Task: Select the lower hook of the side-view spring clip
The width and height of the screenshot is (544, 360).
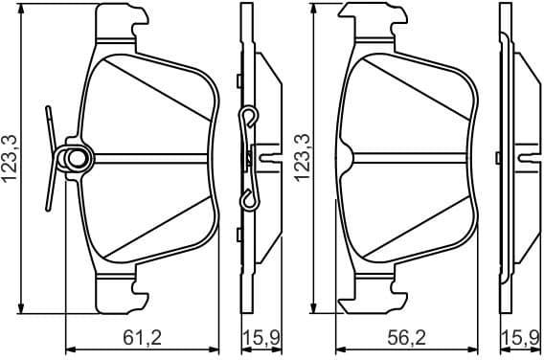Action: (x=247, y=198)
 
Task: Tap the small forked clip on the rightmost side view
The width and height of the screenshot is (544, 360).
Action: (x=525, y=155)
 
